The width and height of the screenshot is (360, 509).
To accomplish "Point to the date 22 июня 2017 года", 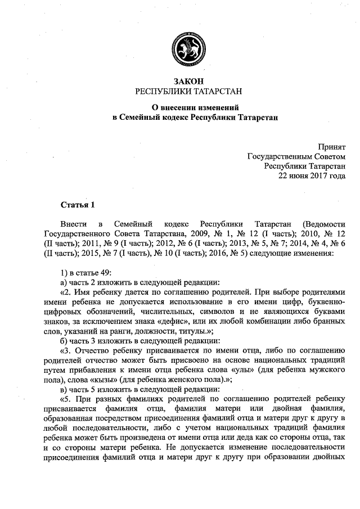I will point(312,175).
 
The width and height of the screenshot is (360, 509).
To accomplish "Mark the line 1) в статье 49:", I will point(86,273).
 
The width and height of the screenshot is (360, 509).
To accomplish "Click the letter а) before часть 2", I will point(64,282).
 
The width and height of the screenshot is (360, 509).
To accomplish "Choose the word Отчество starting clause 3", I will point(92,351).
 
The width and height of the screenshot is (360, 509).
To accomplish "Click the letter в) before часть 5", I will point(64,390).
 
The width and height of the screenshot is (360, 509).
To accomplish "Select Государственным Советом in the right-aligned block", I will point(296,156).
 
